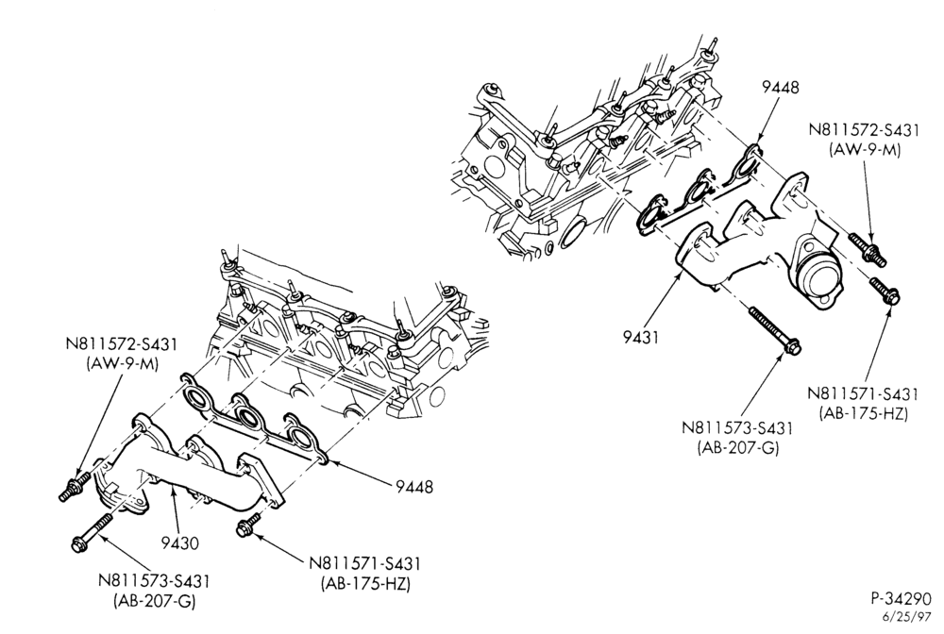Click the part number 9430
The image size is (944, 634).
179,542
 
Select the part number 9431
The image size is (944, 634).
641,337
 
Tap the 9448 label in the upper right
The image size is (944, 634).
781,87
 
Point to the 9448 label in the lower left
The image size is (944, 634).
414,486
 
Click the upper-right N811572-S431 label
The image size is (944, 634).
864,131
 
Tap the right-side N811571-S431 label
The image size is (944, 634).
863,394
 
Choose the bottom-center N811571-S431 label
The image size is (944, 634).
364,563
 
